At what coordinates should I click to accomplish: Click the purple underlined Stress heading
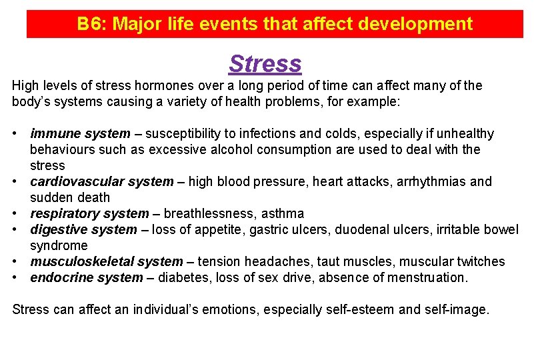[265, 65]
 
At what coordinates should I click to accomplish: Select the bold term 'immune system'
[80, 134]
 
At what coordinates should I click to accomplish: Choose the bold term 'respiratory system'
[89, 214]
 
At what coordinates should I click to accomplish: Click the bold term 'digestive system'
[83, 230]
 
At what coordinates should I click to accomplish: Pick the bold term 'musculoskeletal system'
[106, 262]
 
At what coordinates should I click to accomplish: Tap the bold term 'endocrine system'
[86, 278]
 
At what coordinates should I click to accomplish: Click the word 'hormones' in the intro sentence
[163, 86]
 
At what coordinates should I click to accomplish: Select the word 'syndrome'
[59, 246]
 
